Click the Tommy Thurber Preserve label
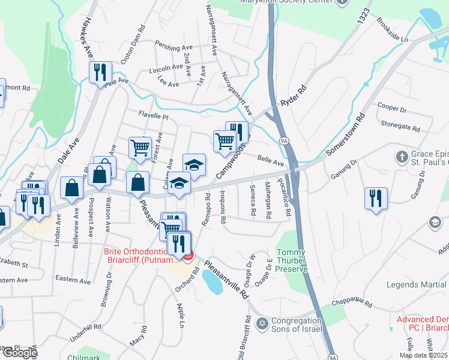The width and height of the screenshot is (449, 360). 292,260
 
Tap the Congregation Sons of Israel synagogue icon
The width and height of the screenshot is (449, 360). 261,324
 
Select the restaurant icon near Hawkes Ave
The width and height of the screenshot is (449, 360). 100,73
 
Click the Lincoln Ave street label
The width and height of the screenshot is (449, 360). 166,69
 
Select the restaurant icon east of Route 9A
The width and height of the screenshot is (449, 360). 376,199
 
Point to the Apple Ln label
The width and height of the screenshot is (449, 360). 180,315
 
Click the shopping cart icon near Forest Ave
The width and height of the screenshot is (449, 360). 140,146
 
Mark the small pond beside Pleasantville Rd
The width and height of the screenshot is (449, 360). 212,281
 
